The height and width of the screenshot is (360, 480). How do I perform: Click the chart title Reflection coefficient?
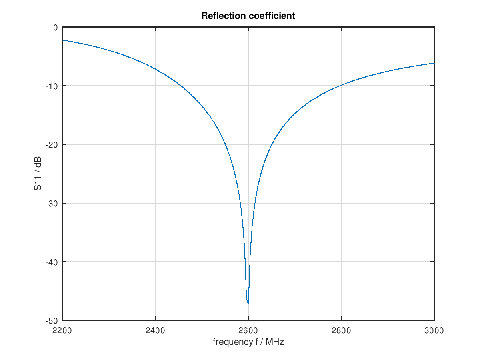(x=248, y=16)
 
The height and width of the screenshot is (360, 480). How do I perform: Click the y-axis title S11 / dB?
(x=38, y=174)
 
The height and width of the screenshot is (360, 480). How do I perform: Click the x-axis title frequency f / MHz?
(x=248, y=342)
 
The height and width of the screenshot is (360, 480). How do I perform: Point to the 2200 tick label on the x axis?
(x=62, y=330)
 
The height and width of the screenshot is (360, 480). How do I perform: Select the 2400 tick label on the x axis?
(x=155, y=330)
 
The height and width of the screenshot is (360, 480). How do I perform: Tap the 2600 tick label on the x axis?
(x=248, y=330)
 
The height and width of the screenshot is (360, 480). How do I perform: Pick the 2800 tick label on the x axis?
(x=341, y=330)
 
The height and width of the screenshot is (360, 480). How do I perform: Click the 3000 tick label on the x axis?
(x=434, y=330)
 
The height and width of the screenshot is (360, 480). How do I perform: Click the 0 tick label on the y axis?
(x=55, y=28)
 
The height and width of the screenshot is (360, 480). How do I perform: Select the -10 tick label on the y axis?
(x=52, y=86)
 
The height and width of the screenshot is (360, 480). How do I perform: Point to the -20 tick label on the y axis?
(x=52, y=145)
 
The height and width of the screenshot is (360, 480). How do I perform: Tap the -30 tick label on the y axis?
(x=52, y=203)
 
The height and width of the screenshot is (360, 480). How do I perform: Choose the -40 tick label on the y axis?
(x=52, y=262)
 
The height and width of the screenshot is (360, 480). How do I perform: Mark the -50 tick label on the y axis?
(x=52, y=320)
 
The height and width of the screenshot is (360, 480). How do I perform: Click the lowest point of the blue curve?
(x=248, y=304)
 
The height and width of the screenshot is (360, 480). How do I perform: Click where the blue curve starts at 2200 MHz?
(x=63, y=40)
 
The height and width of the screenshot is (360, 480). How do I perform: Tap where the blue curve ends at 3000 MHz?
(x=434, y=63)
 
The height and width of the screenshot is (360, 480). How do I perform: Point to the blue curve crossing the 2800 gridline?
(x=341, y=85)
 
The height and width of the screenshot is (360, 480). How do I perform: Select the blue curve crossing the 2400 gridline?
(x=155, y=69)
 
